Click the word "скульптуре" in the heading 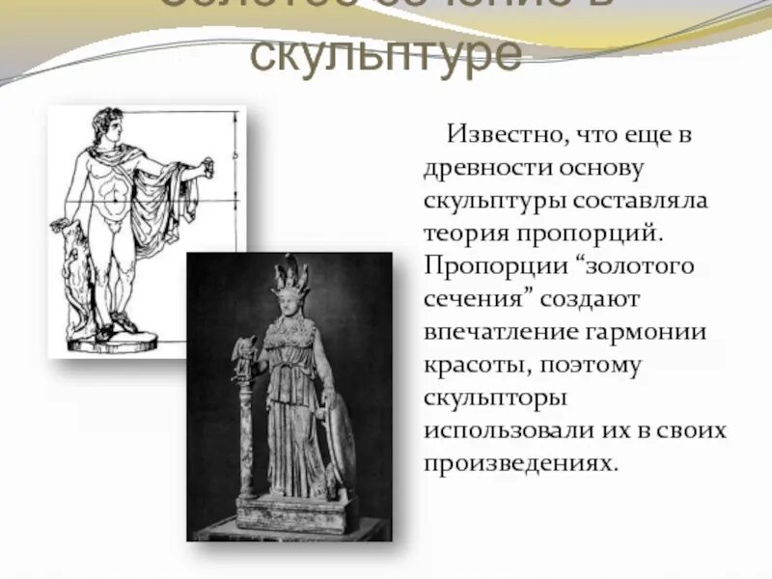point(386,57)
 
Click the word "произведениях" point(518,462)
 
